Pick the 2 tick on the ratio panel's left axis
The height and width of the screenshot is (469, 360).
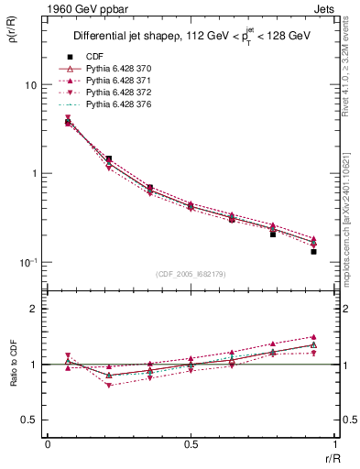click(x=35, y=309)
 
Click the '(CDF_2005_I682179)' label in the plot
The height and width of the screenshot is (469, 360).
click(x=190, y=274)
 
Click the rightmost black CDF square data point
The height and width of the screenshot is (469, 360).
click(x=313, y=251)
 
